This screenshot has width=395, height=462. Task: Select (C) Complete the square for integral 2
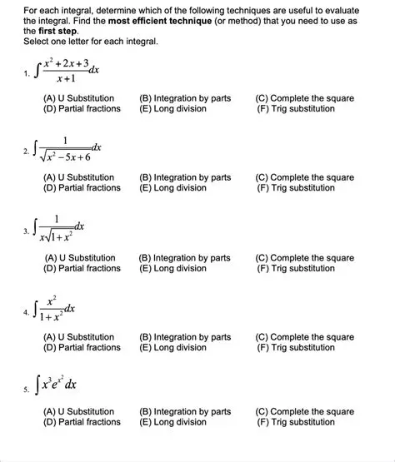point(305,178)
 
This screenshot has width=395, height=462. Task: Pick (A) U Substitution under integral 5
point(79,412)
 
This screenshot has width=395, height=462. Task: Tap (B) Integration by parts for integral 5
point(186,412)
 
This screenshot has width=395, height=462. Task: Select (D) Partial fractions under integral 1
point(82,109)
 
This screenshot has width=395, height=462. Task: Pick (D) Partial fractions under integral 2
point(82,188)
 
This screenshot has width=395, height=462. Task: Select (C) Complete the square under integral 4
point(305,337)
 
